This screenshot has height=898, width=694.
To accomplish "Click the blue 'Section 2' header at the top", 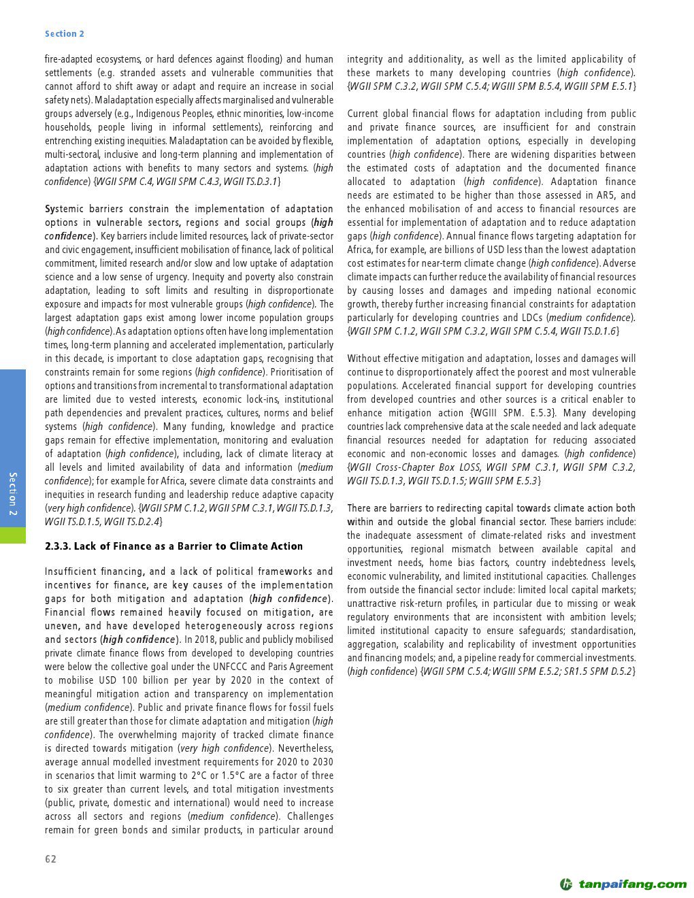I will pos(65,34).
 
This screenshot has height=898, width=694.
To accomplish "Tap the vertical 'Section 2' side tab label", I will pos(13,493).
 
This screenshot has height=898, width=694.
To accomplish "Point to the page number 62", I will pos(51,859).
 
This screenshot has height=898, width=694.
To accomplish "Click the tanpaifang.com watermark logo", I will pos(623,884).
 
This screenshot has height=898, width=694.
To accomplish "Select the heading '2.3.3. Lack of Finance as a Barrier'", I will pos(173,546).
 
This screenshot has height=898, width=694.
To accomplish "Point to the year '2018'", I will pos(213,639).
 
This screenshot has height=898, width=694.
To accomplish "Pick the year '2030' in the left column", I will pos(320,762).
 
